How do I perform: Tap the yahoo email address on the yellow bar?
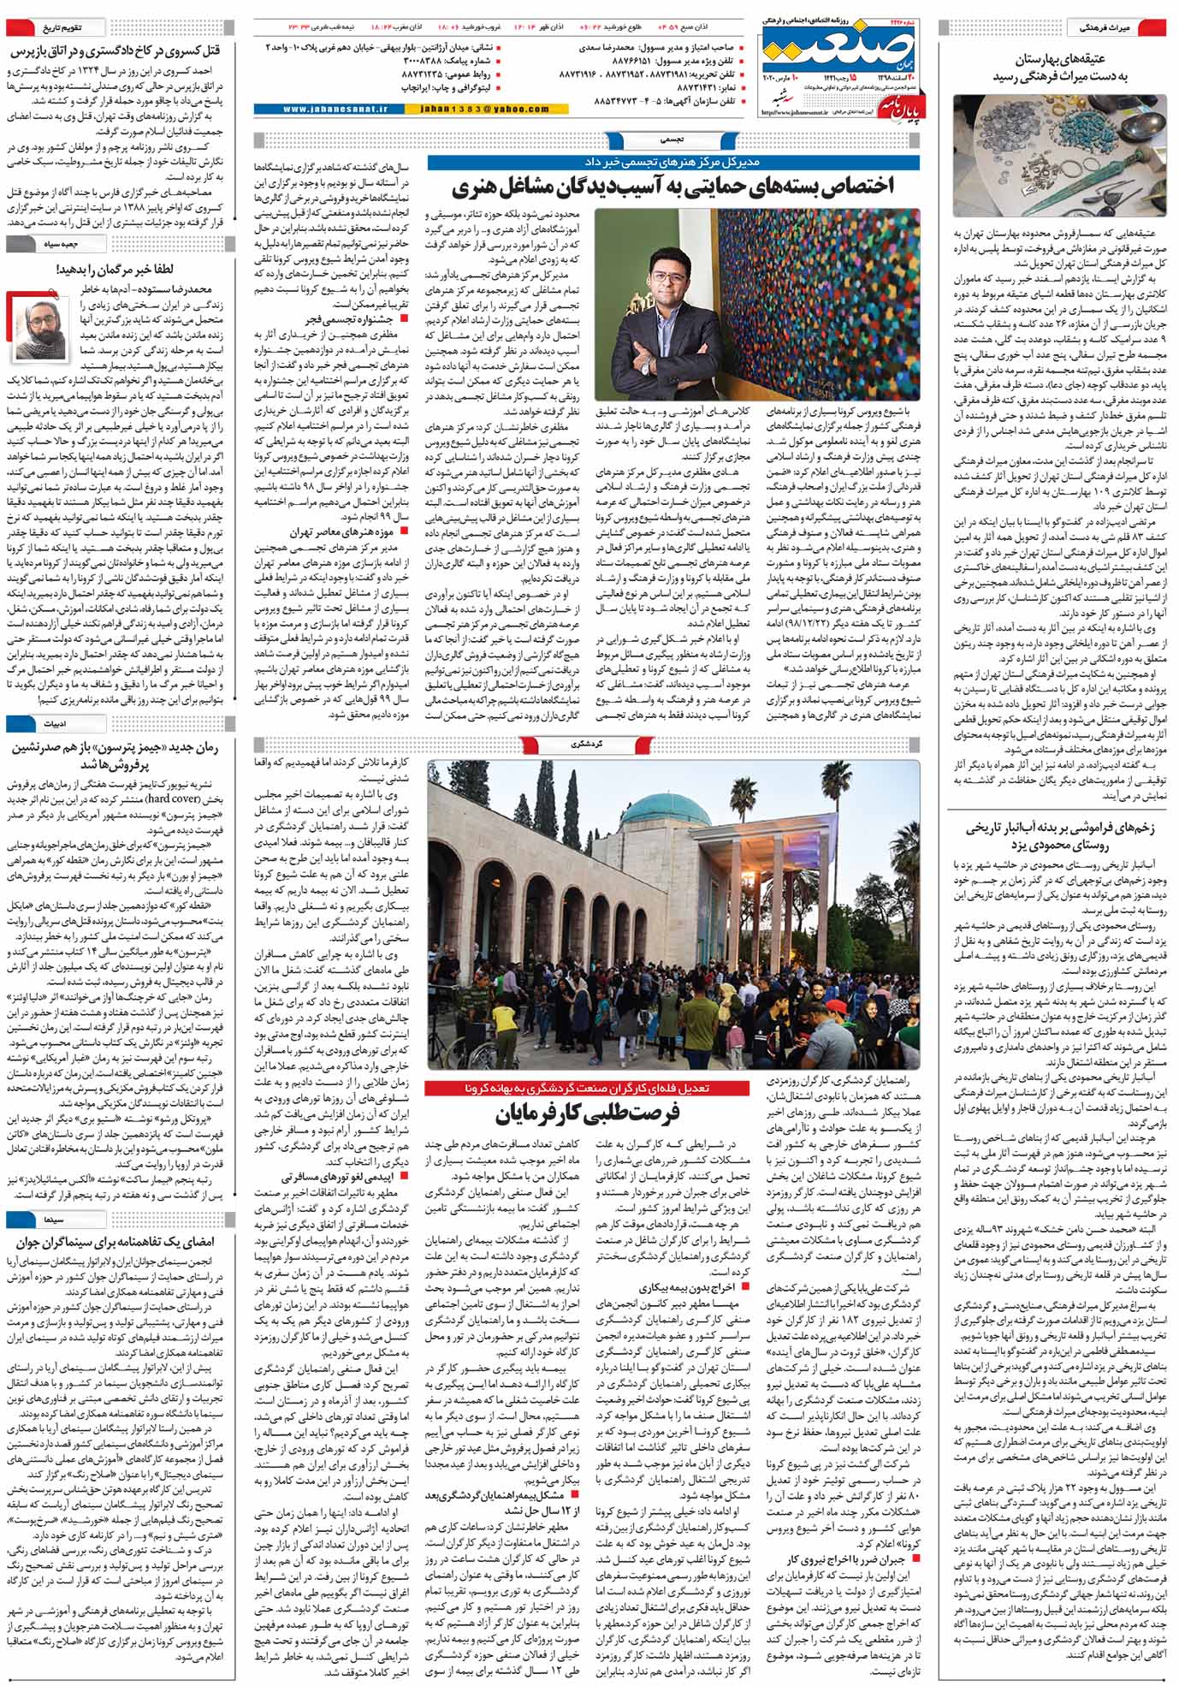[x=484, y=110]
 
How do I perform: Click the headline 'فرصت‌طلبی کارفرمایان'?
[x=587, y=1115]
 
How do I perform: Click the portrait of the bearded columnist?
[x=32, y=324]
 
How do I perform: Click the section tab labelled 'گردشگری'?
[x=591, y=745]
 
